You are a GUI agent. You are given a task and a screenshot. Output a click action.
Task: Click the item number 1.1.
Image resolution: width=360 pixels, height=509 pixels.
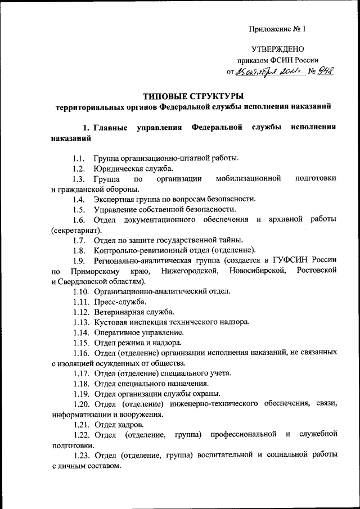79,157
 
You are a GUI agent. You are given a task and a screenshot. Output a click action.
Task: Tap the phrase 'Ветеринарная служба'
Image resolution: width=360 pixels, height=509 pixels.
134,312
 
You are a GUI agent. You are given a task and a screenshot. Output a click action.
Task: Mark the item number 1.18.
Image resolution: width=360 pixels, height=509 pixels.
81,383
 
